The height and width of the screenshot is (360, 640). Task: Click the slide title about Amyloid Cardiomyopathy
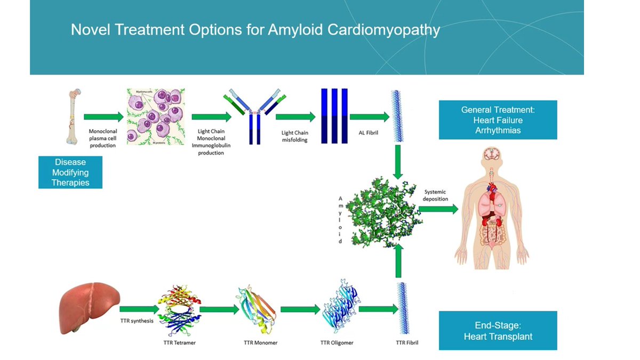click(255, 29)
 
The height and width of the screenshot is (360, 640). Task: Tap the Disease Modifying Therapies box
click(70, 172)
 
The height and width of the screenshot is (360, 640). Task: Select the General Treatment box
click(498, 120)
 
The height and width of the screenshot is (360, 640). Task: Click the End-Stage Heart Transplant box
click(498, 331)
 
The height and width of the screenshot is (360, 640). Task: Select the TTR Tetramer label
click(180, 342)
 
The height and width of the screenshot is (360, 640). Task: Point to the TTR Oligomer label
click(337, 342)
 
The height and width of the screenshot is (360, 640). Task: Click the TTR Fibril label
click(407, 342)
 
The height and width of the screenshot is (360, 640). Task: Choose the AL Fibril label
click(368, 132)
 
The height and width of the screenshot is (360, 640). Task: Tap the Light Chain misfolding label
click(295, 136)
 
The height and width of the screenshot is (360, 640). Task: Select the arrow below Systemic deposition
click(441, 209)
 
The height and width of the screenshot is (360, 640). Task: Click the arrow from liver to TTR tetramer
click(140, 309)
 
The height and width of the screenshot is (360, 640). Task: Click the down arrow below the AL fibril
click(398, 162)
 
